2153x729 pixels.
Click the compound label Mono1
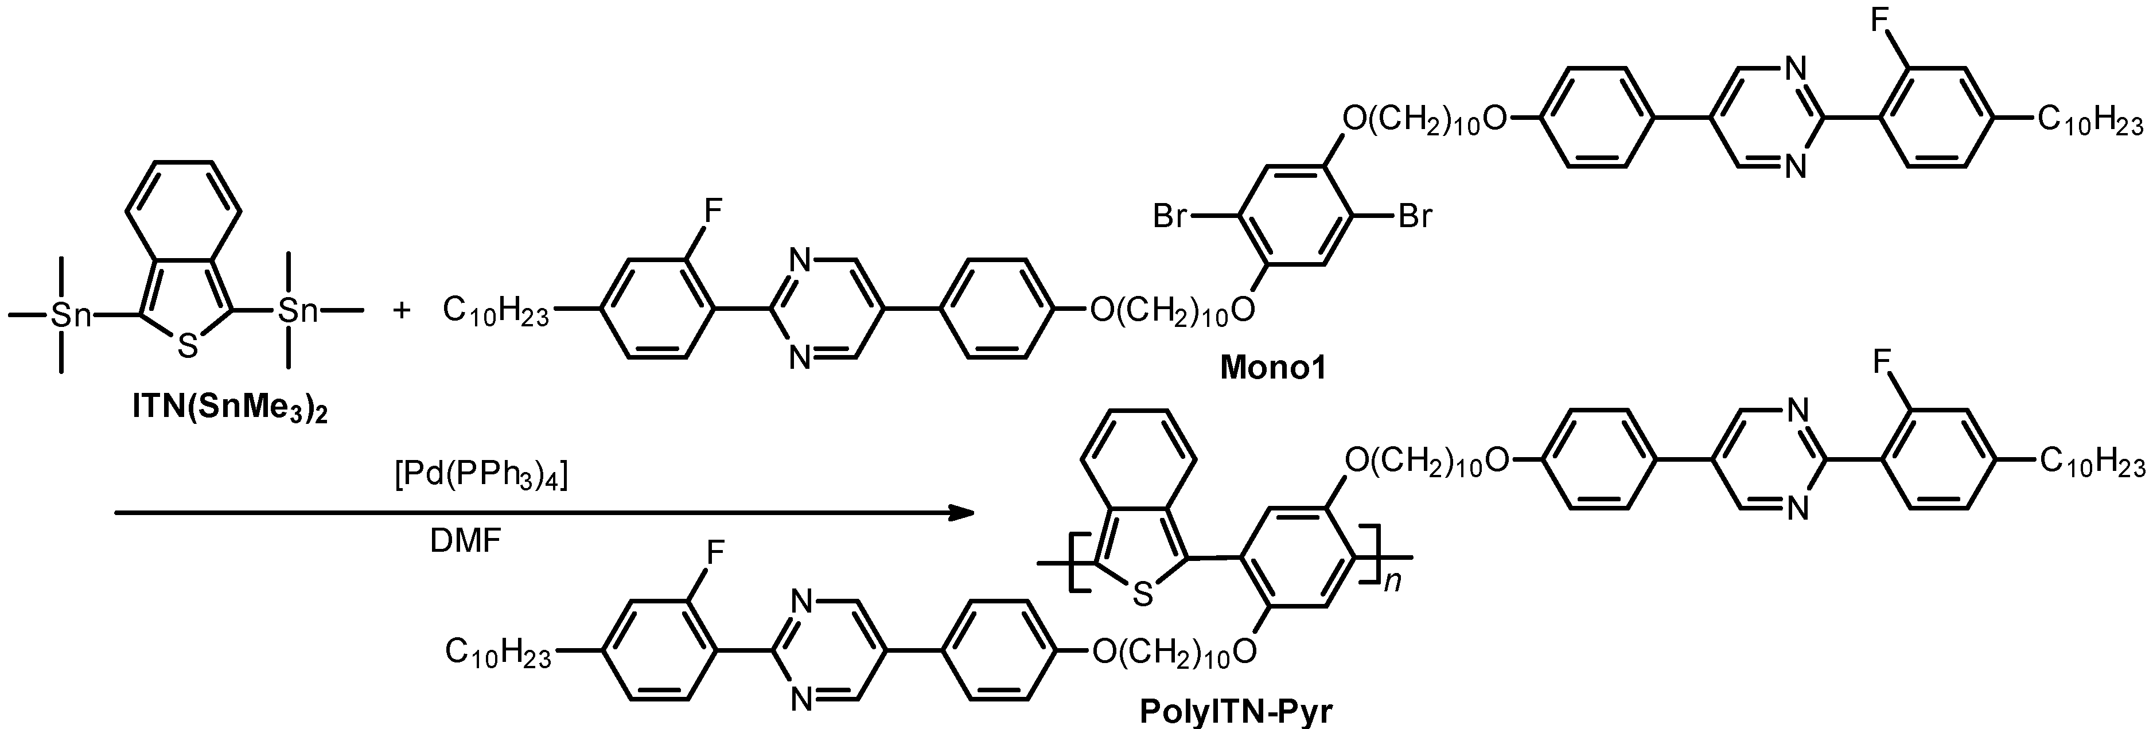tap(1273, 368)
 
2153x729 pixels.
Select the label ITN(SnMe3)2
tap(230, 408)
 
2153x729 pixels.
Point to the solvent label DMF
tap(465, 542)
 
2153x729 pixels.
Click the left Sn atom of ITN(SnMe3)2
tap(70, 315)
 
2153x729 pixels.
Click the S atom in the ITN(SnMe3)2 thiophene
tap(188, 345)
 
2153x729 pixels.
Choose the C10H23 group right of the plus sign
tap(496, 312)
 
